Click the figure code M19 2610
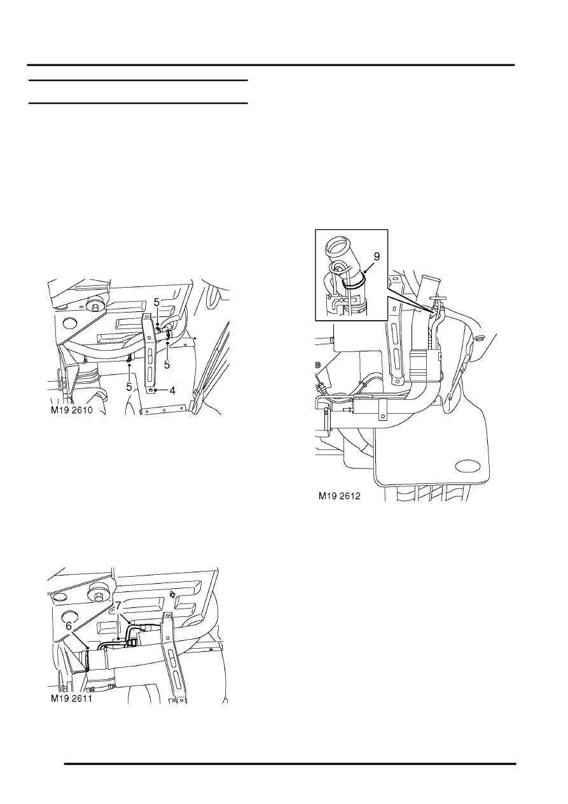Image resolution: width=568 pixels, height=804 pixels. (72, 410)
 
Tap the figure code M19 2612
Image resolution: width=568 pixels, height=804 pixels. (340, 496)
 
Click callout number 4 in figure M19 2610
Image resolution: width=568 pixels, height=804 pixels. (172, 390)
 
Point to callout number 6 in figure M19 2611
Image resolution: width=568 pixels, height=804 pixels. (69, 626)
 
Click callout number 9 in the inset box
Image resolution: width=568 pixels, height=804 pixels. (376, 257)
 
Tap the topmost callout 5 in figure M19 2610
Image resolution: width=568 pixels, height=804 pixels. (156, 303)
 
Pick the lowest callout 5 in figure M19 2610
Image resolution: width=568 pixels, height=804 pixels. (130, 386)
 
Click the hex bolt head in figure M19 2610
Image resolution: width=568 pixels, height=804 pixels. (96, 307)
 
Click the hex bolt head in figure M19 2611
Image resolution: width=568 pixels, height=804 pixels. (98, 597)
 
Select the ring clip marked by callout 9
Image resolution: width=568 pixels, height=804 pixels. (352, 285)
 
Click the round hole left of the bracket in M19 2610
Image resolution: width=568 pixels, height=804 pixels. (69, 323)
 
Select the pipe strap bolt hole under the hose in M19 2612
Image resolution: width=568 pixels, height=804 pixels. (383, 417)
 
